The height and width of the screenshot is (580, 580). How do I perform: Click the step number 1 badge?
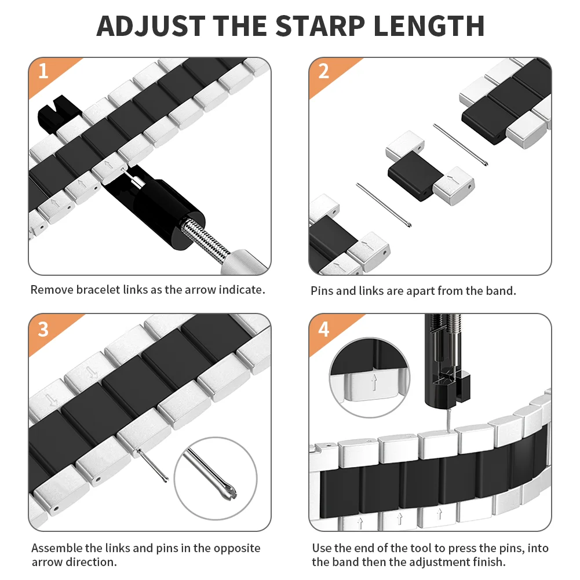[x=43, y=71]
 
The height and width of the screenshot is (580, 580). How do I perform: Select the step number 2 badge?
[x=323, y=71]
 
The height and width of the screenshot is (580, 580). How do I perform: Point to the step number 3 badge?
[x=43, y=328]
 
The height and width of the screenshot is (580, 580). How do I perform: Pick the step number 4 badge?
[x=323, y=329]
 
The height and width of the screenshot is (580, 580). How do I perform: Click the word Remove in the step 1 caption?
[x=52, y=290]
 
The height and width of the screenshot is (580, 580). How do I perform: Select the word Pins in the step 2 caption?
[x=322, y=291]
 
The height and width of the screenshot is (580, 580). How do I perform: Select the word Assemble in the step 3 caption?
[x=57, y=548]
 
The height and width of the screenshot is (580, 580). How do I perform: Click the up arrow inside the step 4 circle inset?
[x=374, y=382]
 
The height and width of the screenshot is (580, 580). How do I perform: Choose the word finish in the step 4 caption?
[x=490, y=563]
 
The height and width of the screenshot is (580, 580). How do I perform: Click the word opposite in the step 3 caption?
[x=237, y=548]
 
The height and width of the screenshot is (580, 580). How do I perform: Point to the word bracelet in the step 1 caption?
[x=98, y=290]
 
